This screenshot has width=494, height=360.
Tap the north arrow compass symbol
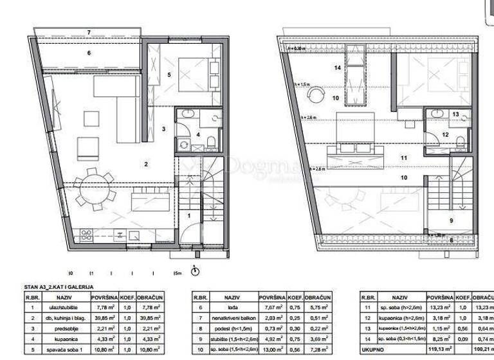(x=196, y=271)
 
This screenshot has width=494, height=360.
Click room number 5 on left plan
(x=169, y=75)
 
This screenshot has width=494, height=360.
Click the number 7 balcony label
(x=89, y=32)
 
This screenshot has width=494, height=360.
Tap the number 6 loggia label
(x=89, y=53)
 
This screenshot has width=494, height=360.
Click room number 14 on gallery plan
(x=337, y=67)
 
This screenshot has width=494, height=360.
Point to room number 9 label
(x=450, y=221)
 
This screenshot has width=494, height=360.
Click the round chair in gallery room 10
(x=316, y=94)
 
